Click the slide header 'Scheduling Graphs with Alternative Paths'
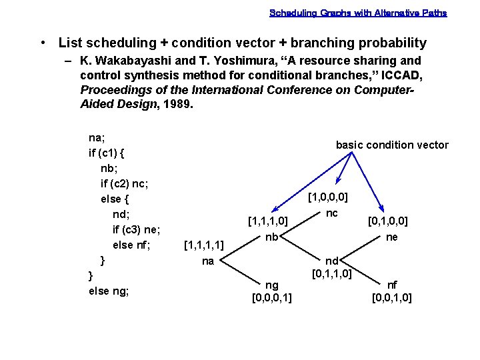[x=358, y=13]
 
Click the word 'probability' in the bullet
[x=393, y=43]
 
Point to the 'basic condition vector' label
[x=392, y=145]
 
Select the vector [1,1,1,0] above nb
[x=267, y=221]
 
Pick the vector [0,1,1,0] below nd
[x=332, y=273]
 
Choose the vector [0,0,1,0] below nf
[x=392, y=297]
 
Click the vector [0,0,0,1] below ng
[x=272, y=297]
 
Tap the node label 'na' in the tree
[x=207, y=261]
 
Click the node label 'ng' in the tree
[x=272, y=285]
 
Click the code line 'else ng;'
[x=109, y=291]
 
